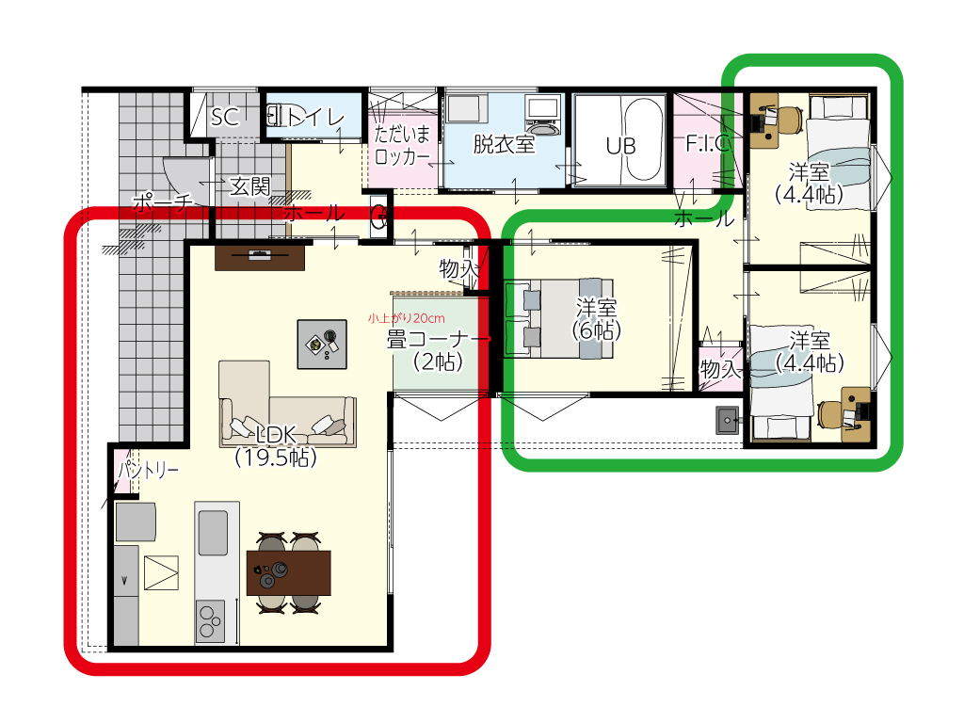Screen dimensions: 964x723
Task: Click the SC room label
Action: pos(224,116)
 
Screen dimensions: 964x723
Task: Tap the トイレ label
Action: pos(314,116)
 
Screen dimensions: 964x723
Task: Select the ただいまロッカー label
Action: pos(403,144)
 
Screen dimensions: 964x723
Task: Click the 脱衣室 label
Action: pos(504,144)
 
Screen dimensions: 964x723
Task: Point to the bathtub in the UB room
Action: pos(644,139)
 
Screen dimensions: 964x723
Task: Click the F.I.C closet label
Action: pos(708,143)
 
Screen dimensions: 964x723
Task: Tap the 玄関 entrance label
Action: pos(249,185)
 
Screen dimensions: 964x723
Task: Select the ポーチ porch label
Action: pos(162,201)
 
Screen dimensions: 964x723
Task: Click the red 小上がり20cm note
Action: pos(407,318)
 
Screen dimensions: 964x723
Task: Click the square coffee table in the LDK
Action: pos(322,345)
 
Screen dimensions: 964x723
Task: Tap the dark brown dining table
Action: pos(288,573)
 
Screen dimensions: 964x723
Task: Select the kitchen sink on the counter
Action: pos(213,533)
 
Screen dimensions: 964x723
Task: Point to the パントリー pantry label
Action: pos(148,471)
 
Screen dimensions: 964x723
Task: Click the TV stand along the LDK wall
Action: pos(260,258)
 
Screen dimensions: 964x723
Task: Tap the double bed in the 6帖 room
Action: pos(558,318)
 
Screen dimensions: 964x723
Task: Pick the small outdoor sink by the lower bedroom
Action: pos(729,421)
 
